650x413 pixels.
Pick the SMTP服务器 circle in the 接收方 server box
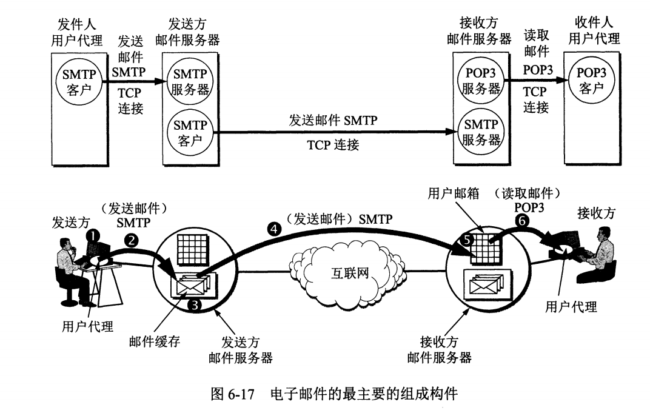click(481, 132)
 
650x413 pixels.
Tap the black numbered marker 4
click(274, 229)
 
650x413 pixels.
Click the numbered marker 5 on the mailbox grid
click(468, 240)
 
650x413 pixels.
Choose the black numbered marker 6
click(522, 222)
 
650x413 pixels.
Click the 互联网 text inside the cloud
click(350, 273)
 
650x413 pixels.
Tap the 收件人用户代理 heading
click(594, 30)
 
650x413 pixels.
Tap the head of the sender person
click(67, 245)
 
